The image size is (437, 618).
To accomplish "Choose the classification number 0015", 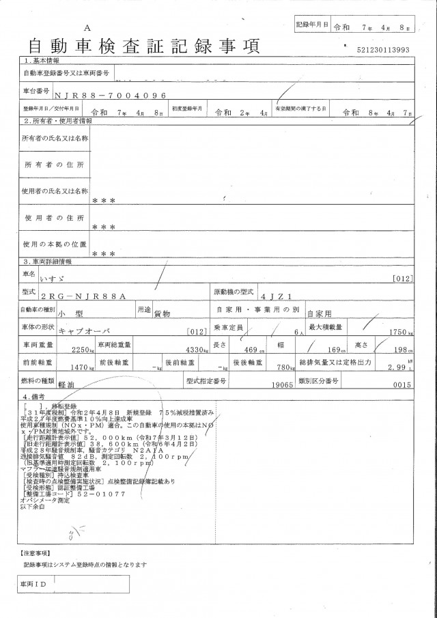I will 406,384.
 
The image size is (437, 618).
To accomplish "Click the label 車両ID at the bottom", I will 32,585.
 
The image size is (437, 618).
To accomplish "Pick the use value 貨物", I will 162,313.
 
